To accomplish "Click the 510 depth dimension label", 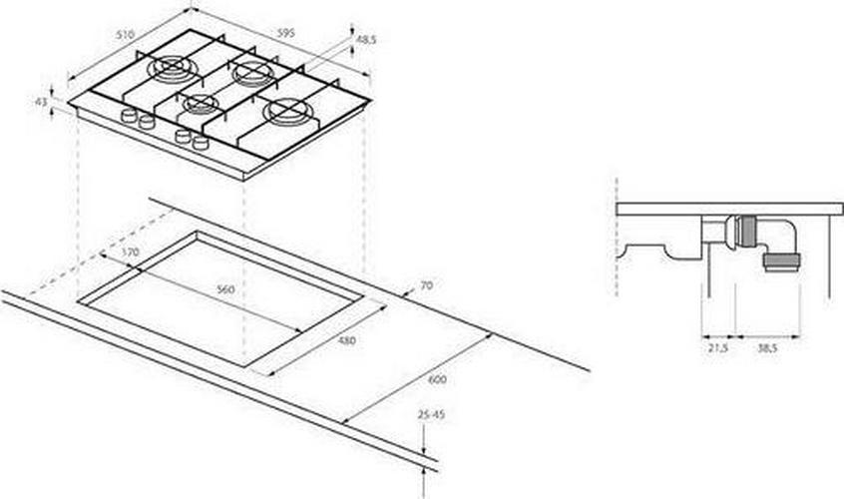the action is coord(125,35).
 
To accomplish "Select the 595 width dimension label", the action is coord(285,33).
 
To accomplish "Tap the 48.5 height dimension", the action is coord(366,39).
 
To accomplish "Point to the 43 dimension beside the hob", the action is coord(41,101).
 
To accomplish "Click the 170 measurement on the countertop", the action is coord(130,251).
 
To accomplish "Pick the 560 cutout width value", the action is coord(225,289).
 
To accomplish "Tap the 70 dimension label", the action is coord(426,285).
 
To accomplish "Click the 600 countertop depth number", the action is coord(437,379).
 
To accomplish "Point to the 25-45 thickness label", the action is coord(431,415).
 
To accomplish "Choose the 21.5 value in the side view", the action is coord(717,348).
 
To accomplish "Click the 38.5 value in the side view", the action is coord(767,348).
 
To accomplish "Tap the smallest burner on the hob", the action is coord(201,104).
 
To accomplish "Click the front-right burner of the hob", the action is coord(288,112).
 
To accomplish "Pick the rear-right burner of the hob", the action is coord(253,73).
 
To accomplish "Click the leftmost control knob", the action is coord(128,115).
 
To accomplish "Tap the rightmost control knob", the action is coord(201,143).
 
